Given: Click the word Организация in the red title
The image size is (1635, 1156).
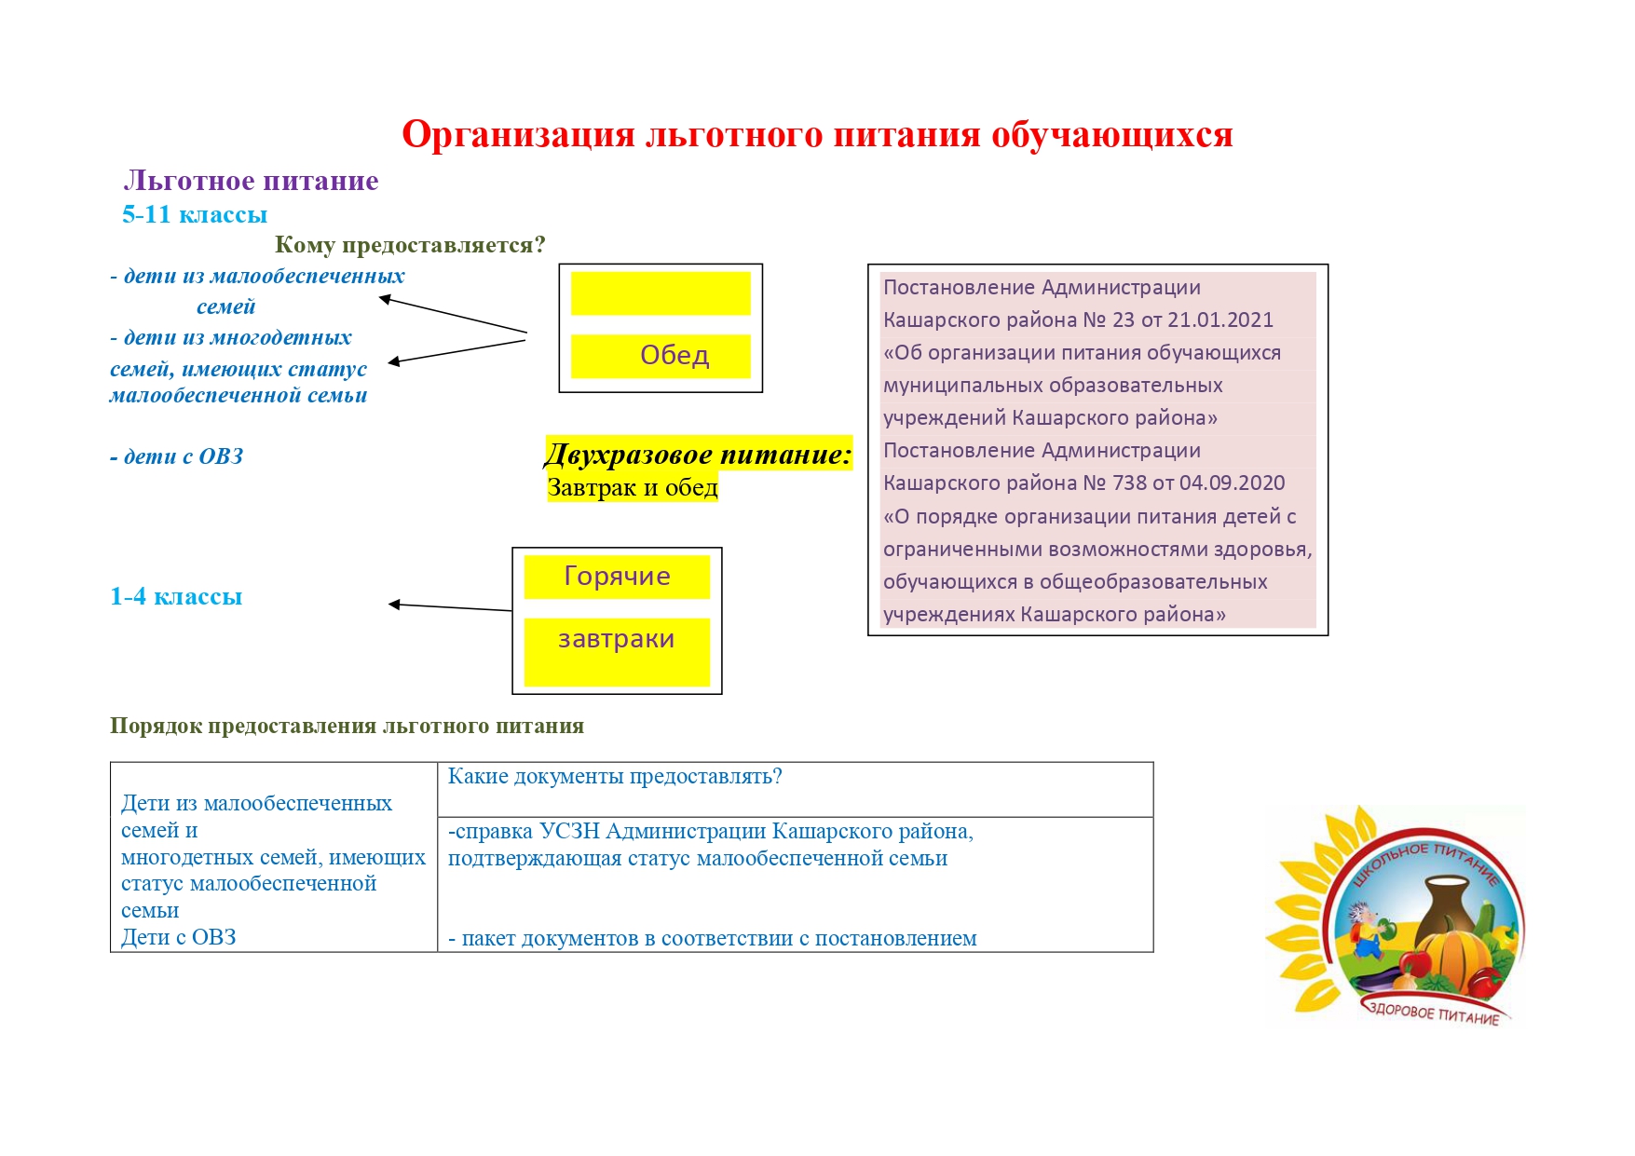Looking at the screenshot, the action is pos(519,136).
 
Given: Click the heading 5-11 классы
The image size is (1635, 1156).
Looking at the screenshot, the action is pos(195,214).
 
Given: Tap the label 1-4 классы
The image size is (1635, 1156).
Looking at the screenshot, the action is pos(176,596).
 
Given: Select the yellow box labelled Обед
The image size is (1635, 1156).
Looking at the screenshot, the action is pos(661,356).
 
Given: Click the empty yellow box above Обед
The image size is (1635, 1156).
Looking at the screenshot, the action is pos(661,293).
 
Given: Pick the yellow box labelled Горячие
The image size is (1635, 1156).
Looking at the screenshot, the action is pos(617,577).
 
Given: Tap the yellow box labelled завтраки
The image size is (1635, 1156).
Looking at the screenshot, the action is pos(617,652).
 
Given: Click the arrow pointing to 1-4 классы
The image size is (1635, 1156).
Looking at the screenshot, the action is pos(450,607).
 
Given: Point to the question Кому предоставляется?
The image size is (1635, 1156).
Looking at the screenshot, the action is pos(410,245).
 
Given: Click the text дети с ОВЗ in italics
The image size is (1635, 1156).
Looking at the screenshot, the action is pos(177,456).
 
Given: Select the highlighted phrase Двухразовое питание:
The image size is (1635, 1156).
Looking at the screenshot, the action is pos(698,455).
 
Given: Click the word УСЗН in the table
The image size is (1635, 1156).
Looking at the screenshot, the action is pos(569,831).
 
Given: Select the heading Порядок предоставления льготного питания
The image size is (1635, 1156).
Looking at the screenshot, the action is pos(347,726).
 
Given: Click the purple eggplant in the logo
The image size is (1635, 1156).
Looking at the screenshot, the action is pos(1378,979).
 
